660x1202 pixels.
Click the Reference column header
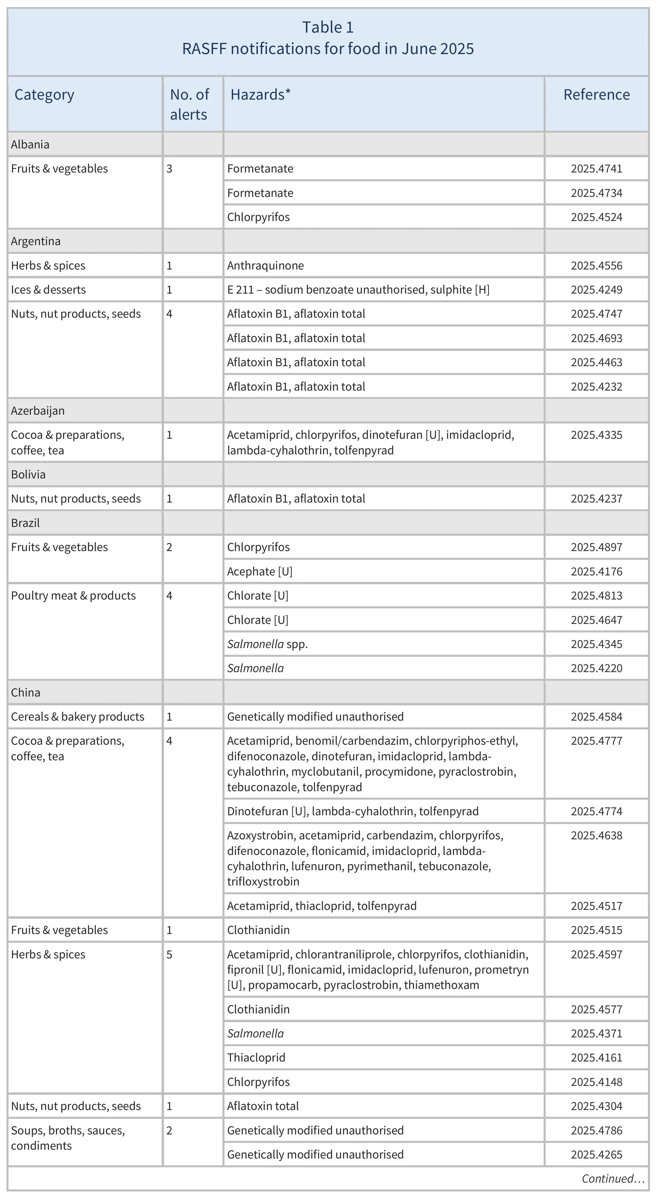[596, 95]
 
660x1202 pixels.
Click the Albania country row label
[30, 144]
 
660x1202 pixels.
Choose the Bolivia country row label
[29, 475]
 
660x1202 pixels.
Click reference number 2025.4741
[596, 169]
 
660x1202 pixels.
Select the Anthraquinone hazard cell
[265, 266]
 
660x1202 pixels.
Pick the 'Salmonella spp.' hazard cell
[267, 644]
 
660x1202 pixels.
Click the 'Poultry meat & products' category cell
[73, 596]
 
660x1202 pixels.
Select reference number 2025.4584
[596, 717]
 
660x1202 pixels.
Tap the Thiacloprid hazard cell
[256, 1057]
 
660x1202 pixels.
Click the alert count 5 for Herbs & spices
[169, 955]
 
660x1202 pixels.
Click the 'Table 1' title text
[328, 28]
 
